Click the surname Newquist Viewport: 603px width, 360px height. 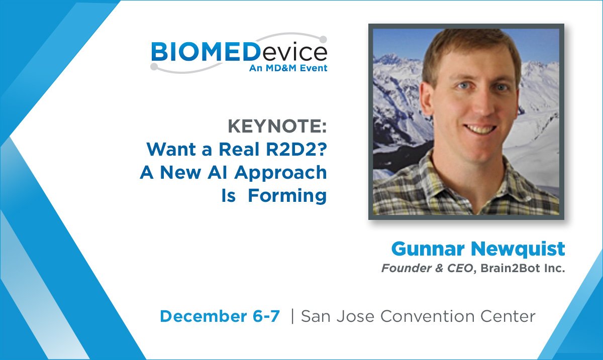[x=515, y=249]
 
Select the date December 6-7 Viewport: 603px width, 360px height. [x=220, y=316]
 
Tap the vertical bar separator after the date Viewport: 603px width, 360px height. [x=292, y=316]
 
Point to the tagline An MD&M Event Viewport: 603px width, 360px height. [x=288, y=68]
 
